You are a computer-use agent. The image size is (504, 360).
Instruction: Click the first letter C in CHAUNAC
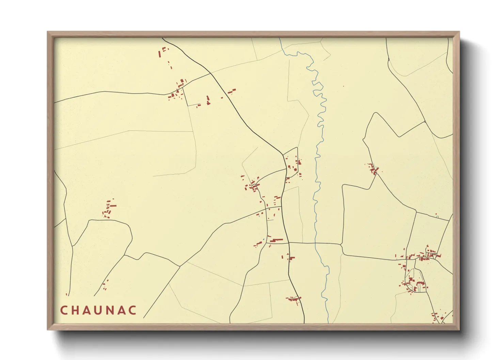pyautogui.click(x=64, y=310)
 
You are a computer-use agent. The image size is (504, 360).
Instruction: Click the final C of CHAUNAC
pyautogui.click(x=133, y=310)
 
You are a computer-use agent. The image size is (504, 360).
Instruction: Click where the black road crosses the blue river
pyautogui.click(x=315, y=243)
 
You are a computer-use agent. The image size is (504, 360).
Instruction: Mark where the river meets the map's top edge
pyautogui.click(x=280, y=38)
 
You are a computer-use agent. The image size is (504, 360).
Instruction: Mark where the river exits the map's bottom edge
pyautogui.click(x=328, y=323)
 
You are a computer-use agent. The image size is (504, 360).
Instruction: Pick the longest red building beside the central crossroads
pyautogui.click(x=277, y=240)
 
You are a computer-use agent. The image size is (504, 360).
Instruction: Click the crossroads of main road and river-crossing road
pyautogui.click(x=288, y=243)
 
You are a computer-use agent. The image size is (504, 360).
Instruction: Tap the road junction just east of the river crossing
pyautogui.click(x=341, y=244)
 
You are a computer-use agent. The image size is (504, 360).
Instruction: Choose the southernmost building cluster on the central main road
pyautogui.click(x=293, y=299)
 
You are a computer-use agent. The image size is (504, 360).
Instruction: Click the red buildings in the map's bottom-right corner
pyautogui.click(x=438, y=317)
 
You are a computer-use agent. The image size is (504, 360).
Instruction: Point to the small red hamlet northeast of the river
pyautogui.click(x=373, y=168)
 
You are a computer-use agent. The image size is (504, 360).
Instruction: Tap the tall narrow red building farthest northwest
pyautogui.click(x=159, y=54)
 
